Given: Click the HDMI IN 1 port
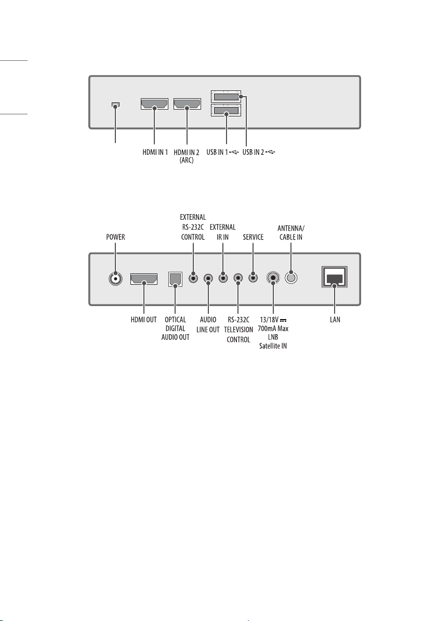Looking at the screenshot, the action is point(154,104).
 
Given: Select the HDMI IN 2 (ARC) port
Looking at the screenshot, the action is point(187,104).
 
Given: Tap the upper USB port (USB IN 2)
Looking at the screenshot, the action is point(225,97).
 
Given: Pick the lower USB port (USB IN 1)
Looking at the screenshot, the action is point(225,110).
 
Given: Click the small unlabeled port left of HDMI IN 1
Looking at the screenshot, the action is point(115,105).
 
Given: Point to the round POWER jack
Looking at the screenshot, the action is point(115,279).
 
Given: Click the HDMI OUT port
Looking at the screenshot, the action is point(144,279).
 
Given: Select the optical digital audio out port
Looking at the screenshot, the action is point(175,279).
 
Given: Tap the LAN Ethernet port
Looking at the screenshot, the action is point(335,277).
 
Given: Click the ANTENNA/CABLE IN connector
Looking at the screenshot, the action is point(291,278).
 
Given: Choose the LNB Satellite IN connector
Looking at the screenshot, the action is point(273,278).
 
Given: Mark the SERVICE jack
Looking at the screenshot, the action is point(253,278).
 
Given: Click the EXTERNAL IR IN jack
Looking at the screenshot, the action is point(223,278).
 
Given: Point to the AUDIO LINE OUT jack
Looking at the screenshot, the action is point(208,279).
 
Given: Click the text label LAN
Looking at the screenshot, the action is point(335,320).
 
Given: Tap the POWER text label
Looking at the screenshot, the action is point(116,237).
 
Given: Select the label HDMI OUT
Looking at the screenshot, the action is point(144,320).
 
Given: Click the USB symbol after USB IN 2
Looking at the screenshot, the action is point(271,152).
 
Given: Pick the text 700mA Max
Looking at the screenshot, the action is point(273,328).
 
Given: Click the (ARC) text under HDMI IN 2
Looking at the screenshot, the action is point(187,161).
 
